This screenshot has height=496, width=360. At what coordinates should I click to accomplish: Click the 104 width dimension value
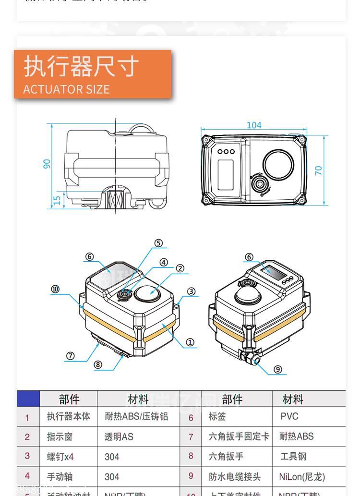pyautogui.click(x=254, y=125)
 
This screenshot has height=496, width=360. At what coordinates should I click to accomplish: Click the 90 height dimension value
pyautogui.click(x=47, y=164)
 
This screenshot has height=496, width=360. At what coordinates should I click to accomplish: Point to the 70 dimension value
pyautogui.click(x=319, y=170)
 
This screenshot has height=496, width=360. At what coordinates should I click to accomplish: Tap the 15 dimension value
pyautogui.click(x=57, y=200)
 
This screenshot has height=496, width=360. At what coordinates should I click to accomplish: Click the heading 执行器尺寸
pyautogui.click(x=82, y=66)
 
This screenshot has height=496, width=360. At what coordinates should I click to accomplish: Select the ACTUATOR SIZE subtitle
pyautogui.click(x=66, y=89)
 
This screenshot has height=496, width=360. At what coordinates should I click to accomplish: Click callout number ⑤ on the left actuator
pyautogui.click(x=158, y=243)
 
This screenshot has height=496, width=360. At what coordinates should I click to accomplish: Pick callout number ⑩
pyautogui.click(x=56, y=289)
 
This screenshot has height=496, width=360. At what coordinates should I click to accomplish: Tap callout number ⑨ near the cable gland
pyautogui.click(x=278, y=369)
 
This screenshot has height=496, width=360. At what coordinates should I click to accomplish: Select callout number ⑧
pyautogui.click(x=98, y=364)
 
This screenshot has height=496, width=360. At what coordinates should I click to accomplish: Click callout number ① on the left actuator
pyautogui.click(x=190, y=342)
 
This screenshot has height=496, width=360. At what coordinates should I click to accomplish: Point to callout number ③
pyautogui.click(x=191, y=291)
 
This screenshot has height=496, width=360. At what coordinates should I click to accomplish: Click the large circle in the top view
pyautogui.click(x=278, y=163)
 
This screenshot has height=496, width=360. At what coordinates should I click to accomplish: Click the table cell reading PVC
pyautogui.click(x=289, y=416)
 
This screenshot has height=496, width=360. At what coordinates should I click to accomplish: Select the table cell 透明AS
pyautogui.click(x=119, y=436)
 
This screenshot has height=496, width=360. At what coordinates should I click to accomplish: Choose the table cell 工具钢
pyautogui.click(x=293, y=456)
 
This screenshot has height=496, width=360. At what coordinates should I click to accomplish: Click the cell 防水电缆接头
pyautogui.click(x=235, y=477)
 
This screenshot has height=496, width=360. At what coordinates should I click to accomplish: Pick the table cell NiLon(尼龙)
pyautogui.click(x=302, y=477)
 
